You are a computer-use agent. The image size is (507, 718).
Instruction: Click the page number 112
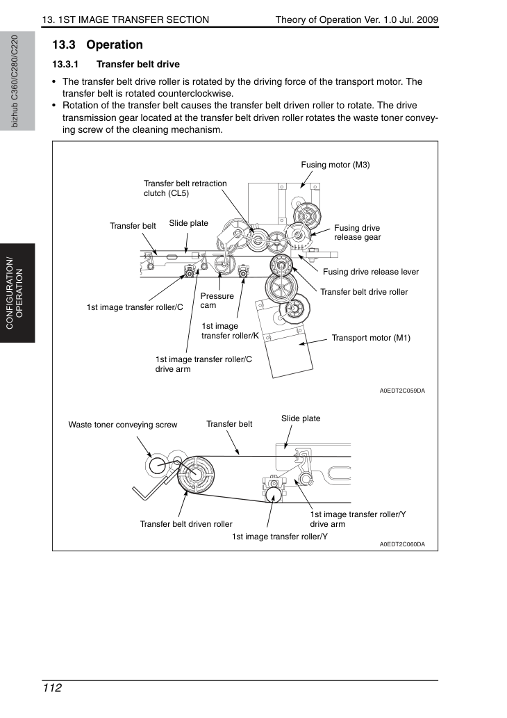tap(52, 687)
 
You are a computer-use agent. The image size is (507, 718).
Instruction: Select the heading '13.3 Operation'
tap(97, 44)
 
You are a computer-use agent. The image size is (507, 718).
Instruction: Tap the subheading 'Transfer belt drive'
tap(138, 64)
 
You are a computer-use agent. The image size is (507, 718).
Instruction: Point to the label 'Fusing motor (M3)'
tap(335, 165)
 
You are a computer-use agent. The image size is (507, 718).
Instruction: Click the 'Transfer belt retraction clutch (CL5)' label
tap(185, 188)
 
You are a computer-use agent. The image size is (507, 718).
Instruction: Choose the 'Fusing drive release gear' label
tap(358, 232)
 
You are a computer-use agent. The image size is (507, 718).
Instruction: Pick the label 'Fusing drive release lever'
tap(371, 272)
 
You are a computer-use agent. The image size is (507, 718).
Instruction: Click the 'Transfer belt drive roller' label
tap(364, 292)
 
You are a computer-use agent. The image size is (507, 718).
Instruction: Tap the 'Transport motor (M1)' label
tap(371, 338)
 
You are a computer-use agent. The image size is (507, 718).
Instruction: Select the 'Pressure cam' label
tap(217, 300)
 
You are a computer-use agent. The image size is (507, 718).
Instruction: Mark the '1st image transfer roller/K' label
tap(230, 331)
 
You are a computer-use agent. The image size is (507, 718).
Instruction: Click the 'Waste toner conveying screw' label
tap(123, 425)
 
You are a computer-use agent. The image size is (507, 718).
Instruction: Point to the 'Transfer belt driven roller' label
tap(186, 524)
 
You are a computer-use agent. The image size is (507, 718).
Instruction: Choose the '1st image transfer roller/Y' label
tap(280, 536)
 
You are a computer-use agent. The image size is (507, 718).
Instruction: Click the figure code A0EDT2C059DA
tap(402, 391)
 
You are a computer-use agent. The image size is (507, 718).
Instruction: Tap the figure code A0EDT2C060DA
tap(402, 544)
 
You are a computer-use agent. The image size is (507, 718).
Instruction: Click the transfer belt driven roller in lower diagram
tap(195, 474)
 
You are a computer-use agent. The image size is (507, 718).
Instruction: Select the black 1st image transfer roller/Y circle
tap(274, 495)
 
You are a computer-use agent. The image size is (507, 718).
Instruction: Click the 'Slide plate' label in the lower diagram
tap(301, 418)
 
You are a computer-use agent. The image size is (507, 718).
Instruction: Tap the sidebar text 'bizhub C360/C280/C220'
tap(15, 81)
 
